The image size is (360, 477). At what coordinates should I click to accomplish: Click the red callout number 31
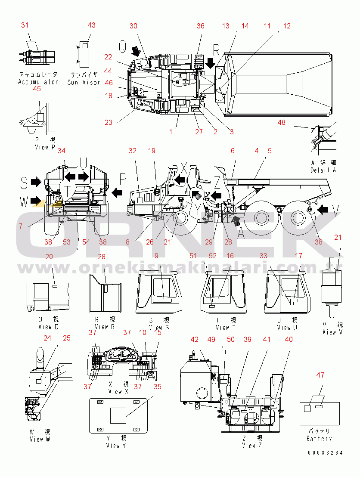tap(25, 25)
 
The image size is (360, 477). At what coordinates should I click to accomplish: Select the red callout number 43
tap(92, 25)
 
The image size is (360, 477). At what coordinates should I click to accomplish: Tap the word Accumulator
tap(38, 82)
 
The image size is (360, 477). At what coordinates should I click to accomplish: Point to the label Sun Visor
tap(84, 82)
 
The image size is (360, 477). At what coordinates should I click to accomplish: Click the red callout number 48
tap(281, 123)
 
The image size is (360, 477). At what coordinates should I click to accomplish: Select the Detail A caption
tap(323, 170)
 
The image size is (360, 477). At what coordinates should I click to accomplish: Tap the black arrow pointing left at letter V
tap(324, 210)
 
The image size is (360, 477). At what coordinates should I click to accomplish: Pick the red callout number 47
tap(320, 375)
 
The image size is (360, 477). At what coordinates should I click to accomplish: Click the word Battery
tap(319, 439)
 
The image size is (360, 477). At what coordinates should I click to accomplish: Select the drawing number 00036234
tap(325, 453)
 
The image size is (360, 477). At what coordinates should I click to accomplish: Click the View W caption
tap(40, 439)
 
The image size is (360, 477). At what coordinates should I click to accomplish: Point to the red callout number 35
tap(158, 387)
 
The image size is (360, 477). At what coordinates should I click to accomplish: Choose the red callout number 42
tap(195, 339)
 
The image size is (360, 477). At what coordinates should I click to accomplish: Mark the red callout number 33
tap(264, 256)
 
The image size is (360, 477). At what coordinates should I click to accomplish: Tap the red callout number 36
tap(201, 26)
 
